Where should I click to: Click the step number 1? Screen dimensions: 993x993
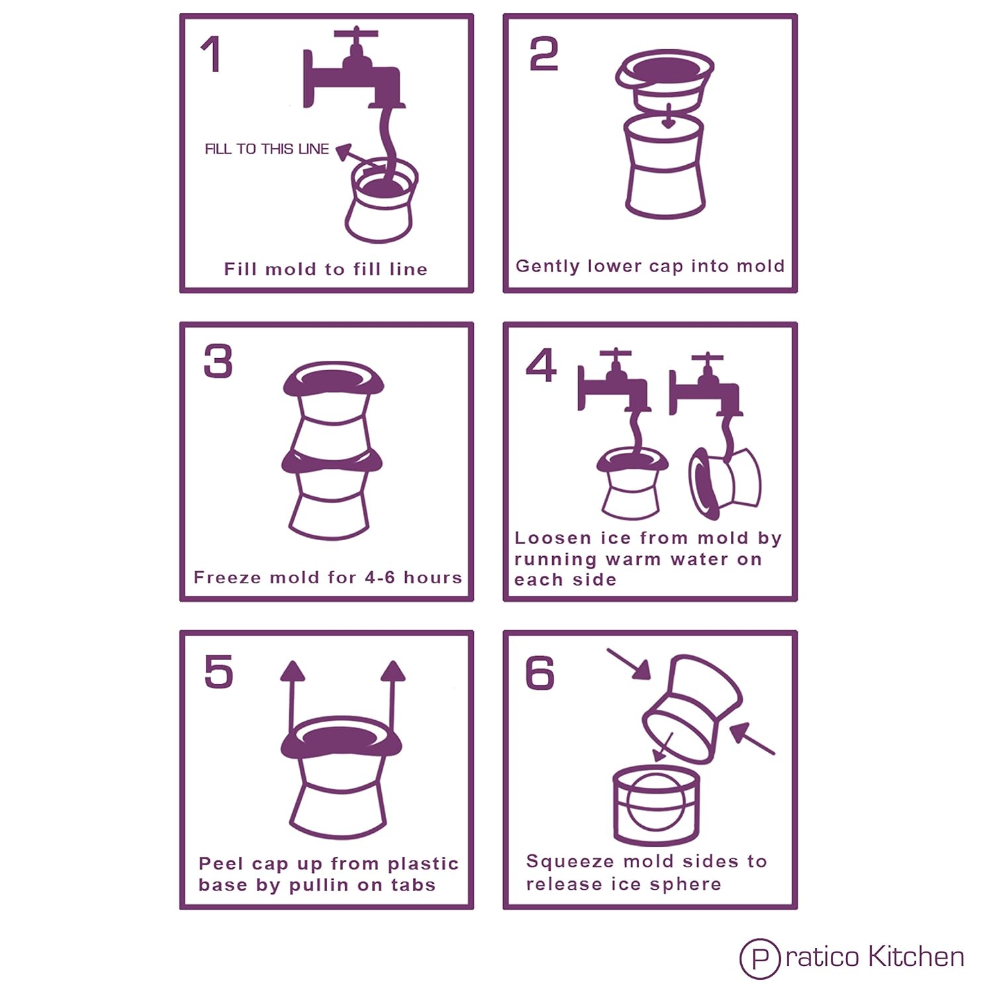click(211, 54)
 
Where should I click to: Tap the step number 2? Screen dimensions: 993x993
click(544, 54)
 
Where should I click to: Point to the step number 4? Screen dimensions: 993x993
click(541, 365)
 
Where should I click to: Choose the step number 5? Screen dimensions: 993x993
click(218, 671)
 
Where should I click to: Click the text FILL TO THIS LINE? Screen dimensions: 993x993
click(267, 149)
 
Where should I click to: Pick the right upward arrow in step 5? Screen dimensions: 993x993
click(393, 702)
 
